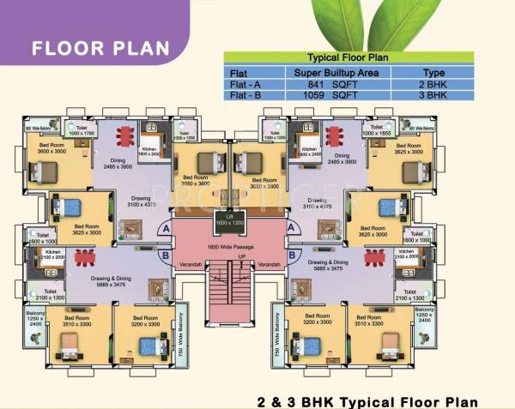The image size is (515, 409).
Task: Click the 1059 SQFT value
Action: [x=336, y=97]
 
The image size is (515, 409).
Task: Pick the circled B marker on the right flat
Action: [x=294, y=254]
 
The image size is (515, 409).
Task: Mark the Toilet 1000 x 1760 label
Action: [x=82, y=131]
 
